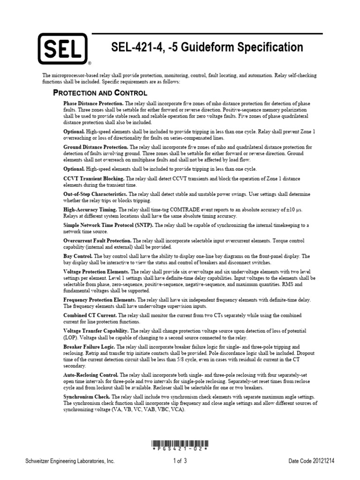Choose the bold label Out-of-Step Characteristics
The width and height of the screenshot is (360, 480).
tap(95, 194)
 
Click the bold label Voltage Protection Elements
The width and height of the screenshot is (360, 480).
tap(96, 272)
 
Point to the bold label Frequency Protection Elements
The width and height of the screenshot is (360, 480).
tap(100, 300)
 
